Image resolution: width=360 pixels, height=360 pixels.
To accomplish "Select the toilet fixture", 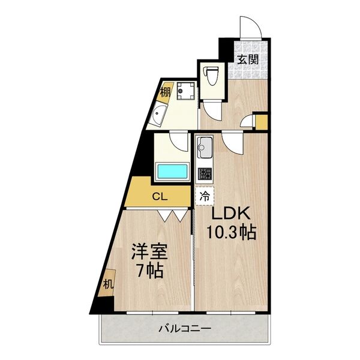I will pyautogui.click(x=211, y=76).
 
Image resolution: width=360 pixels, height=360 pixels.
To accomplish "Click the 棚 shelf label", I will pyautogui.click(x=164, y=92).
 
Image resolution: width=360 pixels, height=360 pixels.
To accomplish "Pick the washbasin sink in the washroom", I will pyautogui.click(x=159, y=115).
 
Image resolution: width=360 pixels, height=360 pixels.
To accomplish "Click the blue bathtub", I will pyautogui.click(x=173, y=170).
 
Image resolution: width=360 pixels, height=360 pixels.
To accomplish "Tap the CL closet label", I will pyautogui.click(x=159, y=195).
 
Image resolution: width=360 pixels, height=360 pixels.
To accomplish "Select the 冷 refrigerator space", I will pyautogui.click(x=205, y=196).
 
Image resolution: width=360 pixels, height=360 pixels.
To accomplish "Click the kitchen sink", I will pyautogui.click(x=205, y=146).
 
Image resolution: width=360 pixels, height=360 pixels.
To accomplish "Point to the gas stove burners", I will pyautogui.click(x=205, y=174).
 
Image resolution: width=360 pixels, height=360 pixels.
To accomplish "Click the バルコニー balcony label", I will pyautogui.click(x=184, y=329).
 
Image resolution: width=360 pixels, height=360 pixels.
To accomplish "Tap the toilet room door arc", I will pyautogui.click(x=214, y=108).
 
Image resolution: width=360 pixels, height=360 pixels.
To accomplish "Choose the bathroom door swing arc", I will pyautogui.click(x=179, y=141).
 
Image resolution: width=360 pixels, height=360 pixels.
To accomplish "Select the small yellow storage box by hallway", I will pyautogui.click(x=261, y=122).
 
